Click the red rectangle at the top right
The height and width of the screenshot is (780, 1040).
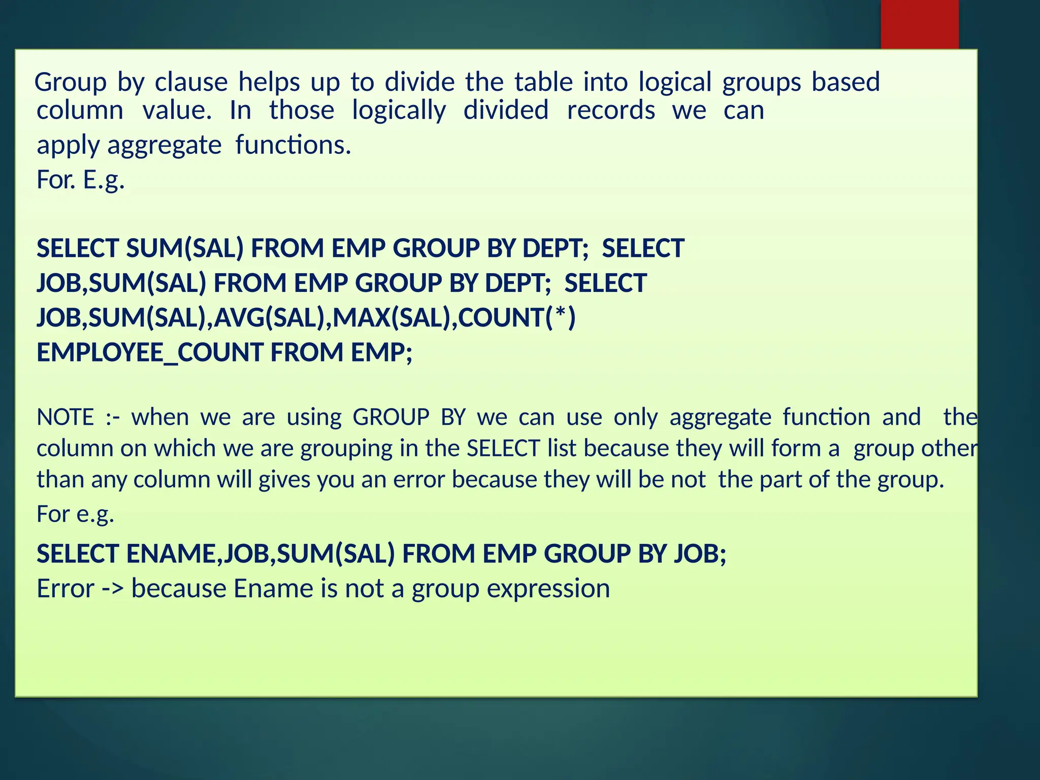919,24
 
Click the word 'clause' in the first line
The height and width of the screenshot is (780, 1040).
191,82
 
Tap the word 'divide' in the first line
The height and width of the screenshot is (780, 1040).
419,82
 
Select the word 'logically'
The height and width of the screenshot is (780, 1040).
399,111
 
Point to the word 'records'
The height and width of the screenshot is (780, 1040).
611,111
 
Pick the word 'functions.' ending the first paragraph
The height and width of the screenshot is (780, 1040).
293,145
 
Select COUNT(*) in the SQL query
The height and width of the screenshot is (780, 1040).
516,318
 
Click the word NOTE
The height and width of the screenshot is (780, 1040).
66,417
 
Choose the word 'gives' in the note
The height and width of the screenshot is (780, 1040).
284,480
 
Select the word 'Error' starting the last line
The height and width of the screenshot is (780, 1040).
66,589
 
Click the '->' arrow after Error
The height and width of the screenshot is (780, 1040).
113,589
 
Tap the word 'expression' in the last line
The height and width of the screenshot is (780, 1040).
548,589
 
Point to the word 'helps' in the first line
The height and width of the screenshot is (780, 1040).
269,82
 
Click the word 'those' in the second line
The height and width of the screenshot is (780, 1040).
302,111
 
